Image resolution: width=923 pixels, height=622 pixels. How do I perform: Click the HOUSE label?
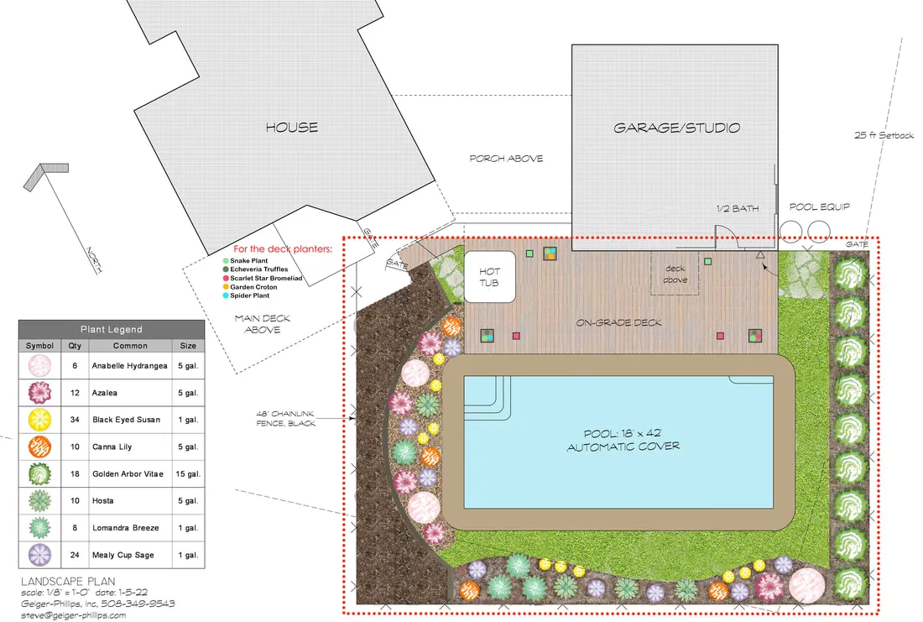point(291,128)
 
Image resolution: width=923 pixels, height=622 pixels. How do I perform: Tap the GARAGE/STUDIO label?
point(676,128)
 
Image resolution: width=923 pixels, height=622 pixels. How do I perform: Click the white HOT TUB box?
point(490,277)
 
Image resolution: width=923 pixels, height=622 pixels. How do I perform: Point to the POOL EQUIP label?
point(820,206)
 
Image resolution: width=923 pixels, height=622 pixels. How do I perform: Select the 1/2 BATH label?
point(738,208)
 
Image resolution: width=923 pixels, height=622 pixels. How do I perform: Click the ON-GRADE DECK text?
point(618,323)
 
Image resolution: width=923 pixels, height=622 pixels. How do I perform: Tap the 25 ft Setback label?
point(884,135)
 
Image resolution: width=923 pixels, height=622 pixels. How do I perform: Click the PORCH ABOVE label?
point(506,159)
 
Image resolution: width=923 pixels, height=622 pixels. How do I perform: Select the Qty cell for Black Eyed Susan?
point(75,420)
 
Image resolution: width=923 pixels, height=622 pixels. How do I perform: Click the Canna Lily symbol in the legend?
point(39,447)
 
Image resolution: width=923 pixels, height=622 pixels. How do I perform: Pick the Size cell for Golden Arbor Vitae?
point(188,474)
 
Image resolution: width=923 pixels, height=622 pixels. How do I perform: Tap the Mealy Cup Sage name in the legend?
point(123,555)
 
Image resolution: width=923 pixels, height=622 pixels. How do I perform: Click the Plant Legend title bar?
point(112,329)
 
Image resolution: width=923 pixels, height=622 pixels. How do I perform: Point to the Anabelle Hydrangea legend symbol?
point(39,366)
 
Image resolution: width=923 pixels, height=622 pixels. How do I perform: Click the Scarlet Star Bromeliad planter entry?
point(263,278)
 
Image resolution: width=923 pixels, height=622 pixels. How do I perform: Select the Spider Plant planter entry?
point(246,295)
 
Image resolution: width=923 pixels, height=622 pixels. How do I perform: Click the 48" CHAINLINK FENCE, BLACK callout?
point(286,418)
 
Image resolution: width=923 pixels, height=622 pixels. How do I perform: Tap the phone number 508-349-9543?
point(138,604)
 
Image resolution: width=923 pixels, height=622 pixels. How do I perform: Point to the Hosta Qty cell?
point(75,501)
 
